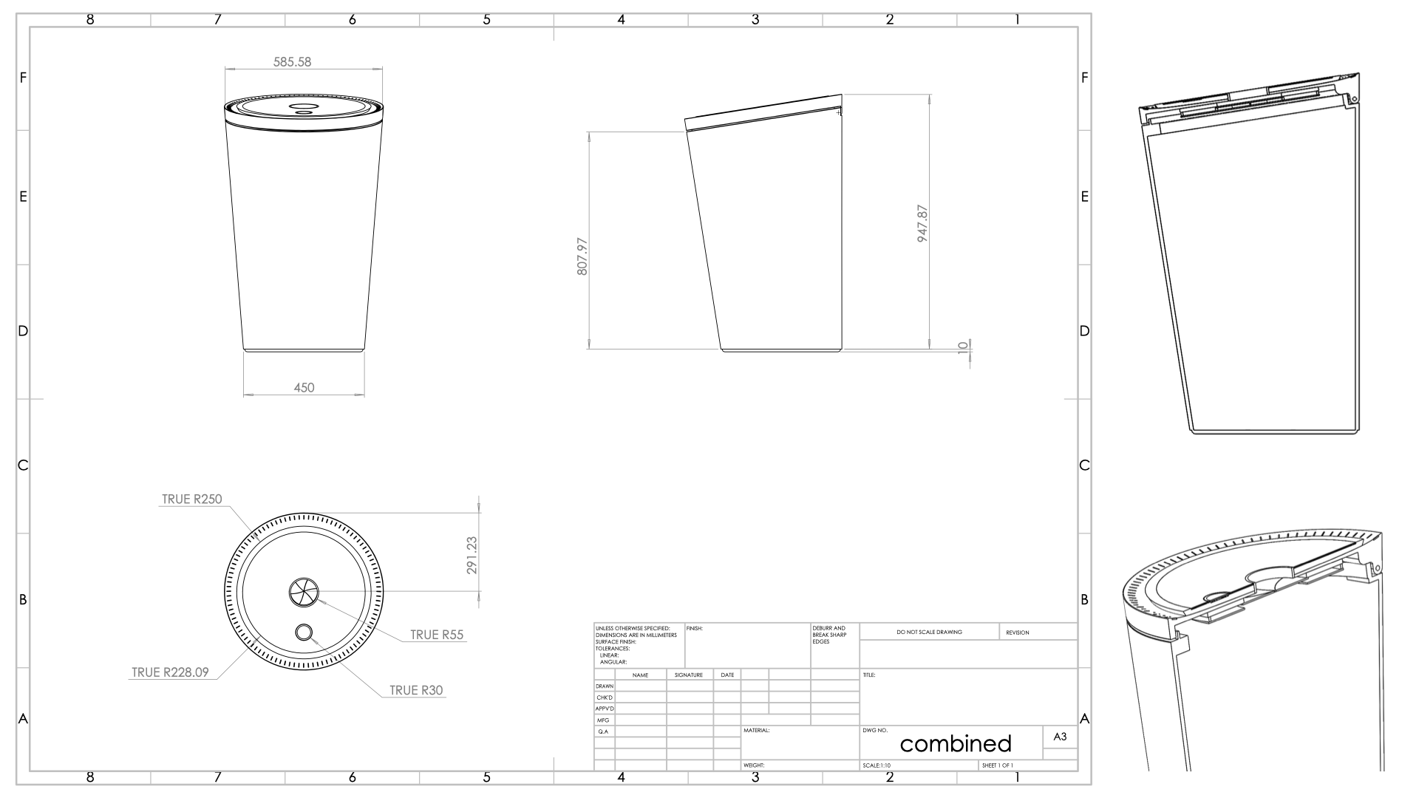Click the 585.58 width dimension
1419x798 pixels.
pyautogui.click(x=292, y=62)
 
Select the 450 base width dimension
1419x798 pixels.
pyautogui.click(x=304, y=387)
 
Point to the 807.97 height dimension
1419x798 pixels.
pyautogui.click(x=582, y=256)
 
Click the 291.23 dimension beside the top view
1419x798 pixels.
pyautogui.click(x=472, y=555)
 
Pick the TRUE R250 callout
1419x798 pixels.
pyautogui.click(x=191, y=499)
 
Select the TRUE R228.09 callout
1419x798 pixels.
pyautogui.click(x=170, y=672)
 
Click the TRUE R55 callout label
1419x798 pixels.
pyautogui.click(x=436, y=635)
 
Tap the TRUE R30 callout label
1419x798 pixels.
pyautogui.click(x=416, y=691)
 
